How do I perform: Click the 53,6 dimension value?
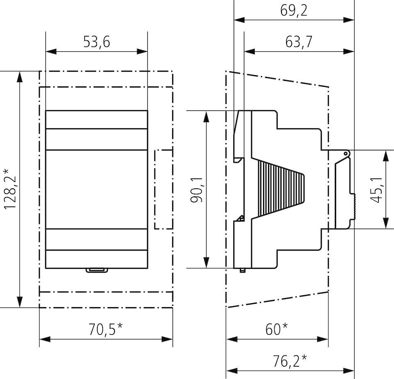tap(96, 42)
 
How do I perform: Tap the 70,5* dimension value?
tap(105, 329)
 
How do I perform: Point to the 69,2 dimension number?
tap(294, 11)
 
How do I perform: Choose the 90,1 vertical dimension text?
tap(197, 189)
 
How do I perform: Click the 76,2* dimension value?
tap(290, 361)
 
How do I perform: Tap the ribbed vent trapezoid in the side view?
tap(279, 189)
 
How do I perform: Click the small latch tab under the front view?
tap(96, 270)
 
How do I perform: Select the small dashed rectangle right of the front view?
tap(163, 189)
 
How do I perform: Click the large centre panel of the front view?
tap(96, 189)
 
